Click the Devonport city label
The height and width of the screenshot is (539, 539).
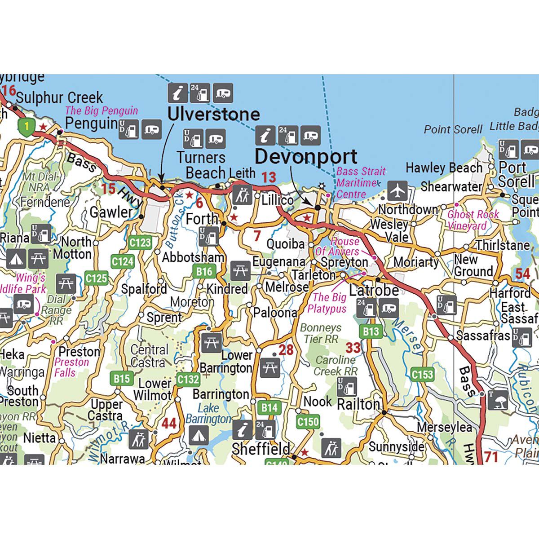[306, 157]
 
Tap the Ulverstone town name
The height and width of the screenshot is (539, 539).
[213, 114]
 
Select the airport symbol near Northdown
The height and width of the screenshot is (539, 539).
[397, 190]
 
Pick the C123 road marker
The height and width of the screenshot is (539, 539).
[140, 243]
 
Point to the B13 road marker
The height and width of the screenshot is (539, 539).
[371, 332]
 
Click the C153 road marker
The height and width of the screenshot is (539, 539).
[422, 374]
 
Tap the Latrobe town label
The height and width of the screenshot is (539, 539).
[374, 290]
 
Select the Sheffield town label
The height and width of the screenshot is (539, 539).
[261, 448]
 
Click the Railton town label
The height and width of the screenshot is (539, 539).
[358, 404]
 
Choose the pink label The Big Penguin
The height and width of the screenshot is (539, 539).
[102, 110]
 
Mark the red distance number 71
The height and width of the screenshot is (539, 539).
[491, 457]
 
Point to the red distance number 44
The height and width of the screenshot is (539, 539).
[169, 423]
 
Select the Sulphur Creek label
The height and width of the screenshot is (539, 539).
[59, 97]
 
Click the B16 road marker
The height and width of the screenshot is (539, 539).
[204, 271]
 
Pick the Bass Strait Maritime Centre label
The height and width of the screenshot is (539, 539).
[361, 182]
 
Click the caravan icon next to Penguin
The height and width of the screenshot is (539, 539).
[151, 129]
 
